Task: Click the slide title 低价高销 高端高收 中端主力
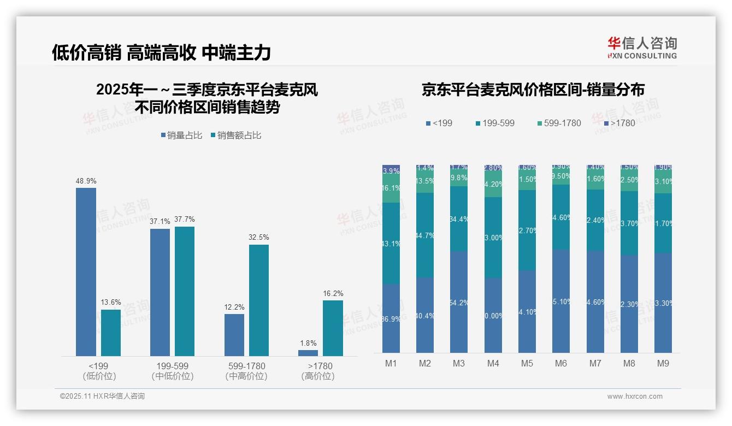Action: point(161,53)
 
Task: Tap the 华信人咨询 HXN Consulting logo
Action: point(642,48)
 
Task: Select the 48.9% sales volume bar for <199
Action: point(86,271)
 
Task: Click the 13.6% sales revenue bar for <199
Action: point(111,333)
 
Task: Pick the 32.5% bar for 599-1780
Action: point(259,300)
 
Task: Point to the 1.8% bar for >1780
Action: point(308,353)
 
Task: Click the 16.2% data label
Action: point(333,294)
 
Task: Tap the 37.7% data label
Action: point(185,220)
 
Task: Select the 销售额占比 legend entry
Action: point(235,135)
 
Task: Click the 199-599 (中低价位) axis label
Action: point(172,371)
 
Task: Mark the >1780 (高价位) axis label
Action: point(320,371)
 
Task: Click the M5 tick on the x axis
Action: point(527,363)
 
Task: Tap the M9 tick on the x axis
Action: point(663,363)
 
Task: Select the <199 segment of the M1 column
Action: point(391,318)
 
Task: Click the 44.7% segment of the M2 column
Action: point(425,235)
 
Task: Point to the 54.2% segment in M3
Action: point(459,301)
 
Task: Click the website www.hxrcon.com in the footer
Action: point(635,397)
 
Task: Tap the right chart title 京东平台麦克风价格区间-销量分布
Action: point(533,90)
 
